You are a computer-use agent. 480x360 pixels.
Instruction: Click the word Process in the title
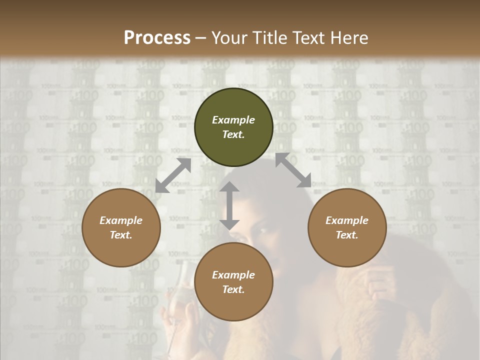(x=157, y=38)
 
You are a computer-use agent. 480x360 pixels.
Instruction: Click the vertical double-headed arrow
(x=229, y=205)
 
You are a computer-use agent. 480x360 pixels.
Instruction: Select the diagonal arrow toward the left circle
(x=173, y=175)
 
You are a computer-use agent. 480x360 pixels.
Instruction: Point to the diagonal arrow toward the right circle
(x=293, y=170)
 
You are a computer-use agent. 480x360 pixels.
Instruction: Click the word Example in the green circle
(x=233, y=120)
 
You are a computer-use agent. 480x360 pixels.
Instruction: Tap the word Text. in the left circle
(x=121, y=235)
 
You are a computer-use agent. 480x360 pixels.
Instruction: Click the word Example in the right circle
(x=347, y=220)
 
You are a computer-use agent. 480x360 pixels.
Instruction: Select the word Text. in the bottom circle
(x=233, y=289)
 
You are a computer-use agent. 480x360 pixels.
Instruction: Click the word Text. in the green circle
(x=233, y=134)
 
